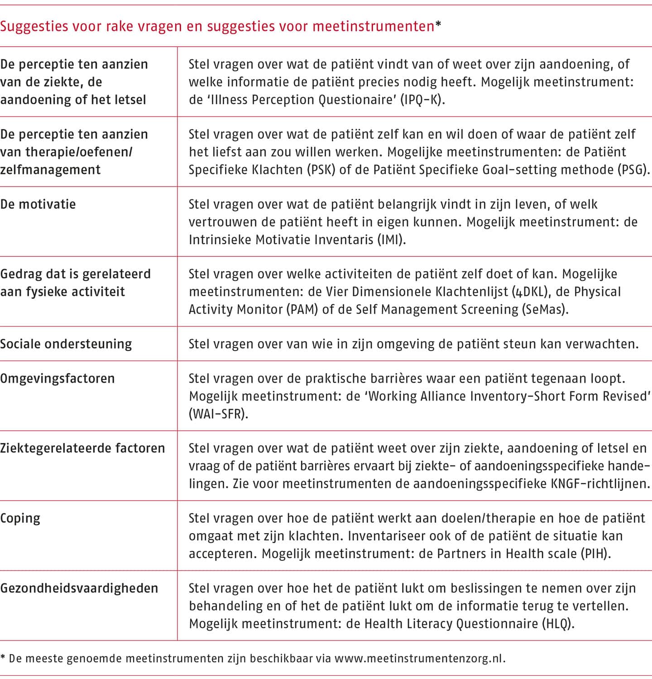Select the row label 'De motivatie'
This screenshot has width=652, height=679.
click(x=38, y=204)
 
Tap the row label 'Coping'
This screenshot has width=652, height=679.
click(x=20, y=518)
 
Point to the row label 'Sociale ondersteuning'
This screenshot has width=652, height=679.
click(x=66, y=344)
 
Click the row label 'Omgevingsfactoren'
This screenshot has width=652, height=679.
click(x=58, y=379)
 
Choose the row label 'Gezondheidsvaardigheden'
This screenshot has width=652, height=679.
click(x=79, y=588)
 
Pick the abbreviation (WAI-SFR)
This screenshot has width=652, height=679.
click(x=218, y=414)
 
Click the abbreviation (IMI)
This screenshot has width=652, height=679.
click(x=391, y=240)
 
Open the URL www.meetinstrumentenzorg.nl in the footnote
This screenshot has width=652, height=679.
click(x=419, y=658)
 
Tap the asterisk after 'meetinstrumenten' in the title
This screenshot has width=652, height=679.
click(x=438, y=25)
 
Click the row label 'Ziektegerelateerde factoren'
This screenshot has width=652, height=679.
click(x=82, y=448)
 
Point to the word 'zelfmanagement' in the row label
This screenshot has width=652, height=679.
click(x=50, y=170)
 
